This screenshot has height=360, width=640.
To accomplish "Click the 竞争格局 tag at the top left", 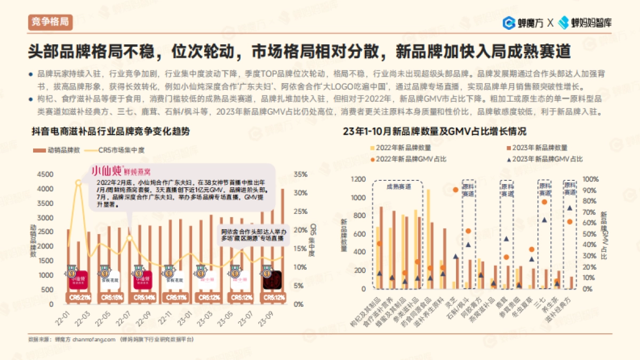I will (50, 22).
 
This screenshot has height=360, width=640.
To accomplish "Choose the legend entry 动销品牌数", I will (57, 150).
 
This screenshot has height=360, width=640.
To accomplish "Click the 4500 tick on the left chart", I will (45, 174).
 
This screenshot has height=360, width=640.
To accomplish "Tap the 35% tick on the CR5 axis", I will (301, 174).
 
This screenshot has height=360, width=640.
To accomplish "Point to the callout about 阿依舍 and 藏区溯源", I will (252, 235).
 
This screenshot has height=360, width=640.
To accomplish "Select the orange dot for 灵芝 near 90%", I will (455, 190).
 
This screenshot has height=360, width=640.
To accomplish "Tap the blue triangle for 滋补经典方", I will (569, 208).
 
